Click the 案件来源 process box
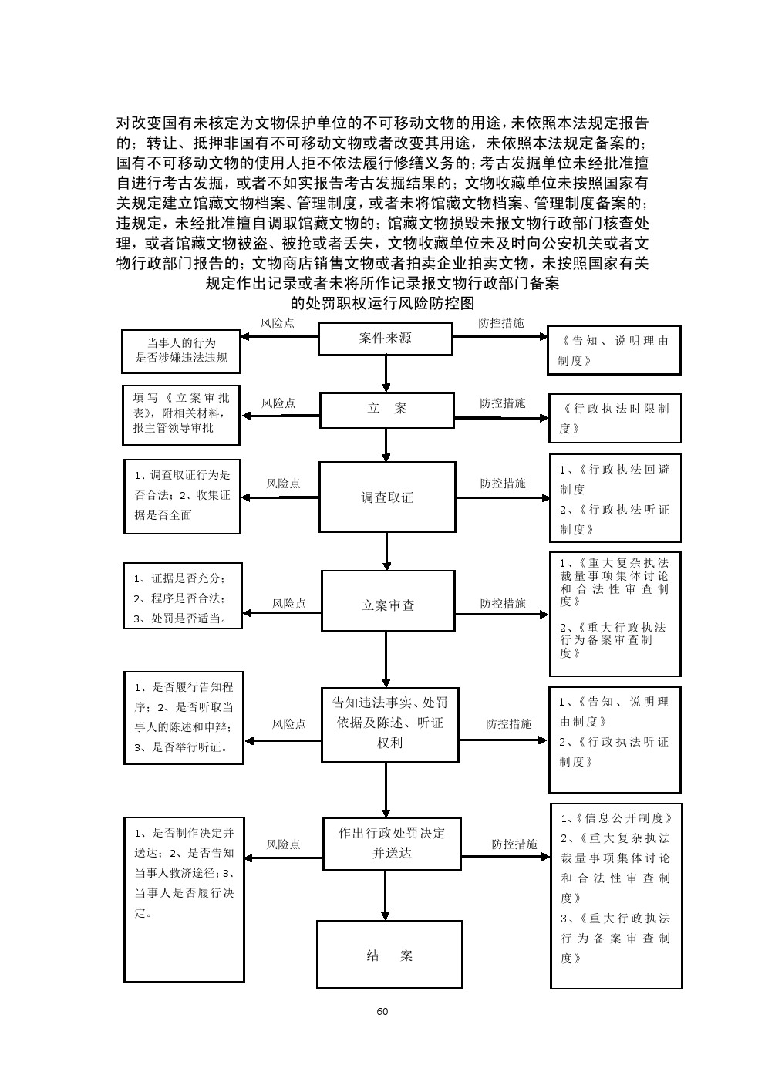pyautogui.click(x=386, y=339)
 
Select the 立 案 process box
pyautogui.click(x=386, y=409)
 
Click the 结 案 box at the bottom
pyautogui.click(x=389, y=955)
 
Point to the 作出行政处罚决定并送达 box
pyautogui.click(x=392, y=843)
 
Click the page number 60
pyautogui.click(x=382, y=1012)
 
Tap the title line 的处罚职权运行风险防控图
pyautogui.click(x=382, y=302)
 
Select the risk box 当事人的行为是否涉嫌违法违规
pyautogui.click(x=181, y=351)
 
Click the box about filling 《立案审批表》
pyautogui.click(x=181, y=415)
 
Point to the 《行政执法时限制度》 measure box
pyautogui.click(x=615, y=417)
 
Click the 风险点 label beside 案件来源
pyautogui.click(x=278, y=323)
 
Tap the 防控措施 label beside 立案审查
pyautogui.click(x=503, y=603)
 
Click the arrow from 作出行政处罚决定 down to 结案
pyautogui.click(x=386, y=893)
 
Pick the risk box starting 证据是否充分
pyautogui.click(x=183, y=596)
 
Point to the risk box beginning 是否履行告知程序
pyautogui.click(x=184, y=717)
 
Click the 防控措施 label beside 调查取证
pyautogui.click(x=503, y=483)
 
